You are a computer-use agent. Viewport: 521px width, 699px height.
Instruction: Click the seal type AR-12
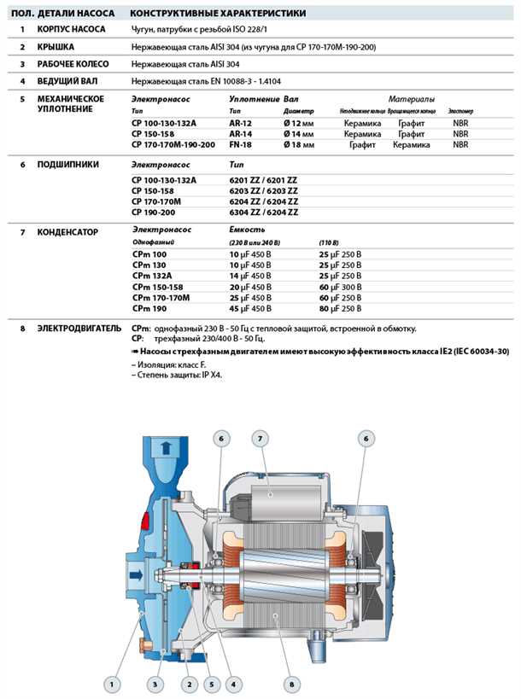click(240, 124)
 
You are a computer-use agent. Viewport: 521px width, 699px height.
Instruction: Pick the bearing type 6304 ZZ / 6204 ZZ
click(264, 212)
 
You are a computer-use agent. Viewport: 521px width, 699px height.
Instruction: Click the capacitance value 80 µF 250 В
click(340, 308)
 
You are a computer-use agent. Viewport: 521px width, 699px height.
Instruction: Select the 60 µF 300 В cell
click(340, 287)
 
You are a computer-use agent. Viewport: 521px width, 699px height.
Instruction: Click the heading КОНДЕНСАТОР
click(74, 231)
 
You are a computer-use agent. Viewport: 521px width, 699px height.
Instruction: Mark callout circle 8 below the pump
click(290, 683)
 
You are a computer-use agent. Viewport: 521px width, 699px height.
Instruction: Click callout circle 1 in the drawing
click(110, 683)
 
